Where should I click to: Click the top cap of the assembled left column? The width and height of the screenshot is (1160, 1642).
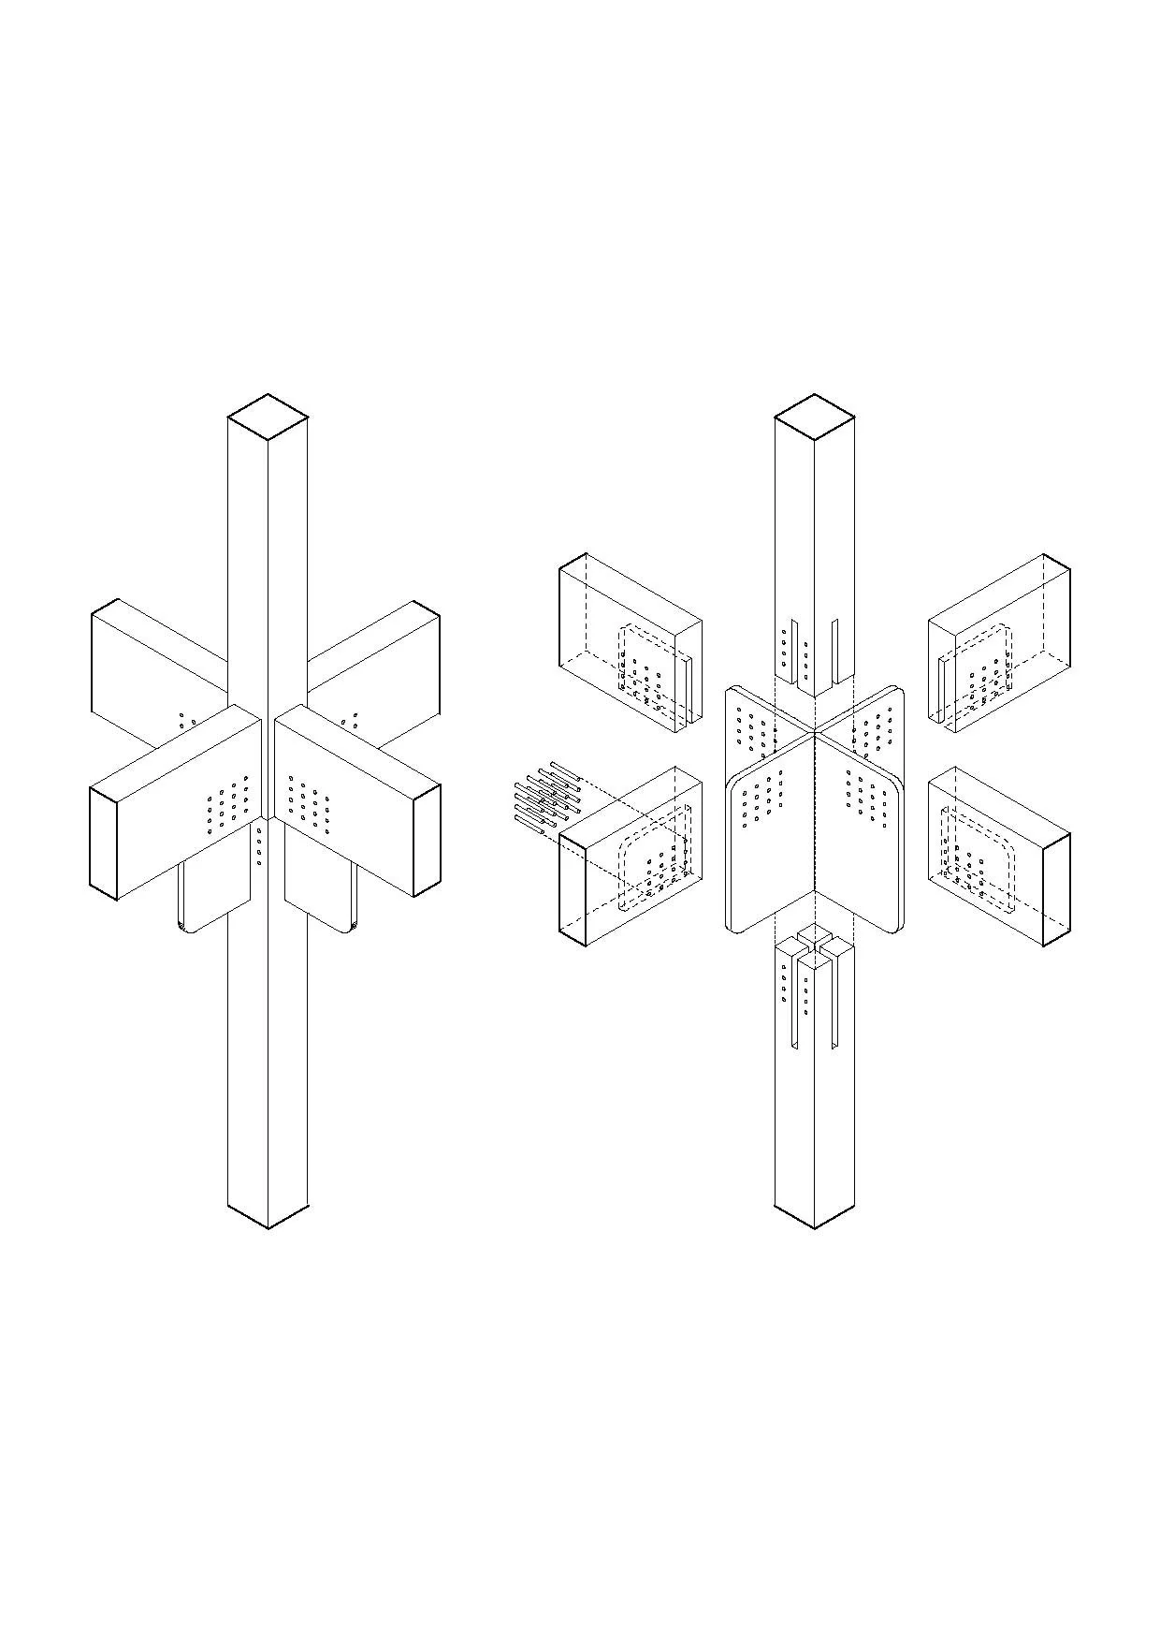click(268, 417)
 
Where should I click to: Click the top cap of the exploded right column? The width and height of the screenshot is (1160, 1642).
click(815, 417)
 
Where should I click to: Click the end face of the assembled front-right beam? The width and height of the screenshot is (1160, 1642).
click(427, 841)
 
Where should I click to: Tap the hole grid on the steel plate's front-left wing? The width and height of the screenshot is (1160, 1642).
click(762, 800)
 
